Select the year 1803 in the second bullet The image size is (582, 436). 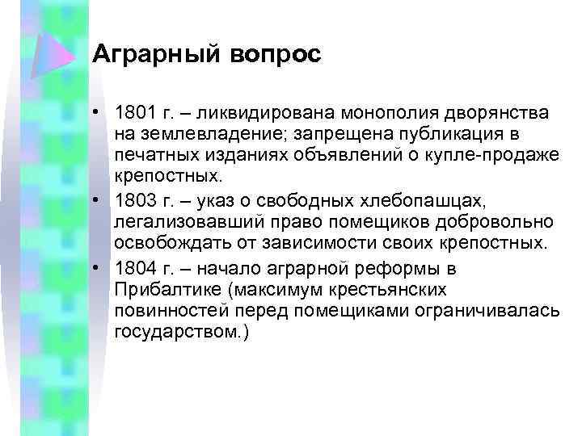click(134, 199)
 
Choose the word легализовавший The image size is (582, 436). click(182, 221)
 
